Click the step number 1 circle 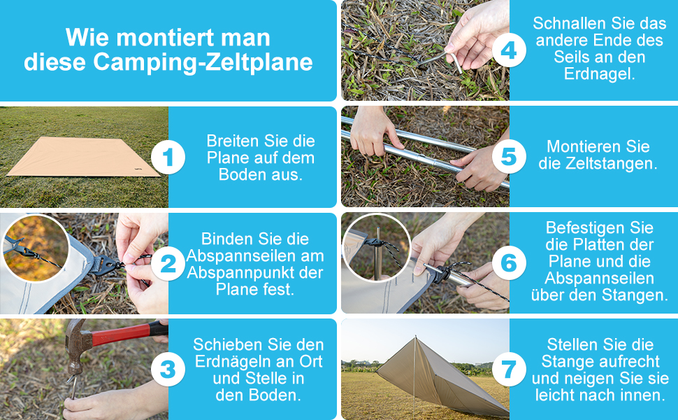tap(168, 157)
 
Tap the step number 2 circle tap(168, 263)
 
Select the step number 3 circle tap(168, 370)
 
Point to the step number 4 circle tap(509, 50)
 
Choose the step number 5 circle tap(509, 156)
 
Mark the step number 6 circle tap(509, 262)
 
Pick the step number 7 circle tap(509, 370)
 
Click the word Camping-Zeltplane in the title tap(203, 62)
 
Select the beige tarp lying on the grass tap(82, 156)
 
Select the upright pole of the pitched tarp tap(414, 376)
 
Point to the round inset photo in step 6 tap(377, 248)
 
